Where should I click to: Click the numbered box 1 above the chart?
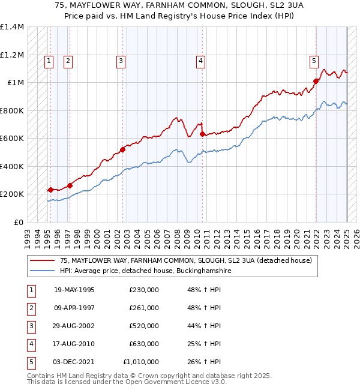click(x=49, y=60)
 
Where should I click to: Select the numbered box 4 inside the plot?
click(x=200, y=60)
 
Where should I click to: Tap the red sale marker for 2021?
click(x=316, y=81)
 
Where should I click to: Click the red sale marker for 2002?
click(x=122, y=150)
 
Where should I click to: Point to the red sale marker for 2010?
click(x=202, y=134)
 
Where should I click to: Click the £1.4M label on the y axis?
click(x=12, y=27)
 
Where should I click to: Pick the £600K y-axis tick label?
click(x=12, y=139)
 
